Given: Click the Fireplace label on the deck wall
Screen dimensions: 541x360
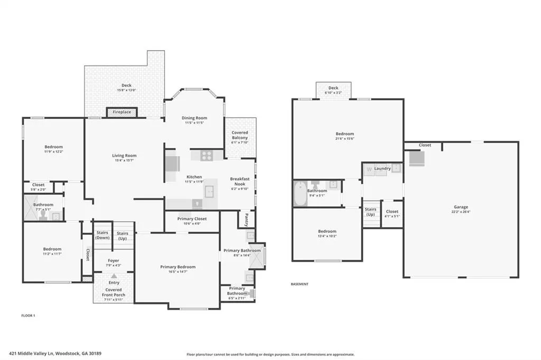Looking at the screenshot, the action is (122, 112).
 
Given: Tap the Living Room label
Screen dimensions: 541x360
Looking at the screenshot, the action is (124, 156).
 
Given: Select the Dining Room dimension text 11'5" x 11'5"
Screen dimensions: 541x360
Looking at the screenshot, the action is (194, 123).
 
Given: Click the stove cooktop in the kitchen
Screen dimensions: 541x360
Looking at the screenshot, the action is (207, 156).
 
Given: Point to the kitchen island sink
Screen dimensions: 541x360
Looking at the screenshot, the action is (209, 192).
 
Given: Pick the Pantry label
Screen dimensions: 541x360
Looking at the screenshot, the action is (246, 220).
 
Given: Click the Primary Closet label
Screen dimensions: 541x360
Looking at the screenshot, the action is (192, 219).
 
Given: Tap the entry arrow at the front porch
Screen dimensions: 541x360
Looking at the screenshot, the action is (114, 276).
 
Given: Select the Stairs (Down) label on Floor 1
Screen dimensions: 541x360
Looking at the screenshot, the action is (102, 235).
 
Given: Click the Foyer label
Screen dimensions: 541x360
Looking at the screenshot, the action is (114, 261).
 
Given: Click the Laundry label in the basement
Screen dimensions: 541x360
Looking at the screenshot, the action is (383, 168).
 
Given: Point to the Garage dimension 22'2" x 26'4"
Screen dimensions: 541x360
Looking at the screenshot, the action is (461, 212).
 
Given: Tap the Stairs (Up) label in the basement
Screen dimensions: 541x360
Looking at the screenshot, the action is (370, 212).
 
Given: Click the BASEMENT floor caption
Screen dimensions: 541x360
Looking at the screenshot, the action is (300, 284).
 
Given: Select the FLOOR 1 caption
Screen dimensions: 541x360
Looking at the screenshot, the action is (29, 316).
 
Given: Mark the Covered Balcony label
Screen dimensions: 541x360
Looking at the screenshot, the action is (240, 135).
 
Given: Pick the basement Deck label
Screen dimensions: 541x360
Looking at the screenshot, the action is (333, 88).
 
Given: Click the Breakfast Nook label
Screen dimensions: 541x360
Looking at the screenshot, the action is (240, 182).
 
